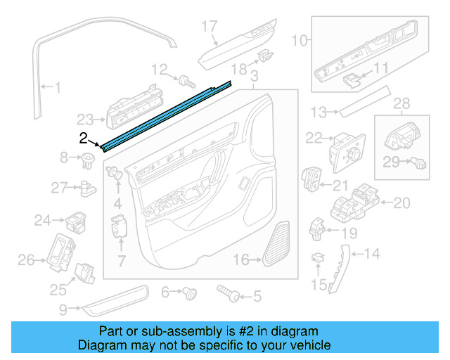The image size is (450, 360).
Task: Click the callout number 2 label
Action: (83, 138)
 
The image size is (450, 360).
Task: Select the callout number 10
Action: (300, 41)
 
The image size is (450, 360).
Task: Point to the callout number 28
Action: (401, 105)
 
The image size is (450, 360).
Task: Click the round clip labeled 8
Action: (89, 158)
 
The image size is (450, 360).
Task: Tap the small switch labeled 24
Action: (76, 221)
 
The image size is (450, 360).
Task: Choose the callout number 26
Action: (26, 262)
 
